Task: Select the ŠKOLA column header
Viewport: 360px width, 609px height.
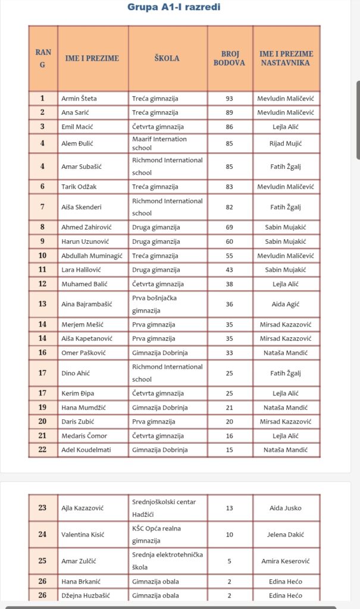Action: tap(167, 58)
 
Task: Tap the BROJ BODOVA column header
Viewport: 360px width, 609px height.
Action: tap(229, 58)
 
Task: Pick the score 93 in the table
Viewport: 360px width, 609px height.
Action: tap(229, 99)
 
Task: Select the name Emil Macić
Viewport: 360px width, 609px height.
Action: tap(77, 127)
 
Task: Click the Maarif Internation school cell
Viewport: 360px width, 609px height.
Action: tap(159, 143)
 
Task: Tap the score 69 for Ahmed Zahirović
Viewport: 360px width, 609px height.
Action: tap(229, 227)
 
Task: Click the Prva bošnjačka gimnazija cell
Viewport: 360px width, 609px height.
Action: tap(155, 304)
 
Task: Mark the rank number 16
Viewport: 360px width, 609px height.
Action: tap(42, 353)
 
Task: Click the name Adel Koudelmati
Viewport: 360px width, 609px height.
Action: tap(86, 450)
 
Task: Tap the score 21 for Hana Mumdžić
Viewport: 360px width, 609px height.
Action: tap(229, 408)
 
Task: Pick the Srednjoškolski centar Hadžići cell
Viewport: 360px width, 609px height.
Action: tap(164, 508)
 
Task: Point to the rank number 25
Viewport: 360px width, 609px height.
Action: tap(42, 561)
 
